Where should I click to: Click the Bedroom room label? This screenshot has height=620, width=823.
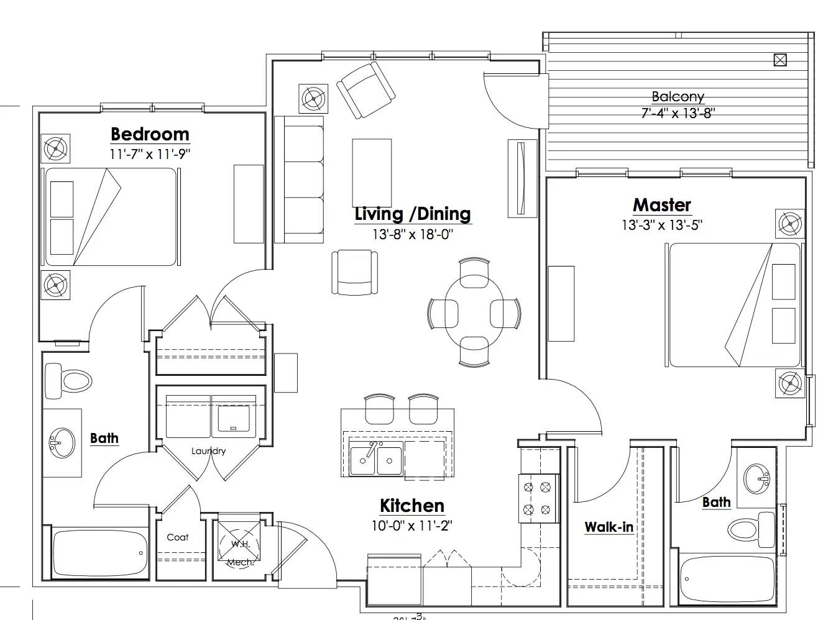click(149, 134)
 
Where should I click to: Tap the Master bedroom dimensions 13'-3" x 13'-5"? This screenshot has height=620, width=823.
click(661, 225)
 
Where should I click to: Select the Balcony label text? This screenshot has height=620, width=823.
click(678, 97)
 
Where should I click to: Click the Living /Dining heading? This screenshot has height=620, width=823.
click(413, 214)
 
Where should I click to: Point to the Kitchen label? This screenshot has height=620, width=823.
click(412, 506)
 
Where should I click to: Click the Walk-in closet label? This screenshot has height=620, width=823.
click(609, 527)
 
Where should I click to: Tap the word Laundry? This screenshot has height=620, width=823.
click(208, 451)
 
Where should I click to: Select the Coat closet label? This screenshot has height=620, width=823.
click(177, 537)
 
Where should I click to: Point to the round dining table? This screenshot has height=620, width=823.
click(474, 312)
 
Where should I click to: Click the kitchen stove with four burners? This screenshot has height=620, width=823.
click(537, 498)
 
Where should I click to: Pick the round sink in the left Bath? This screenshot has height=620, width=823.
click(62, 443)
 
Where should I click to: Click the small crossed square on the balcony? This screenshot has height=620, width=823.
click(779, 60)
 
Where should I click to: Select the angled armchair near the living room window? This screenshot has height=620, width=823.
click(366, 89)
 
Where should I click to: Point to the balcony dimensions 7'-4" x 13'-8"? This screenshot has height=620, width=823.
click(678, 114)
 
